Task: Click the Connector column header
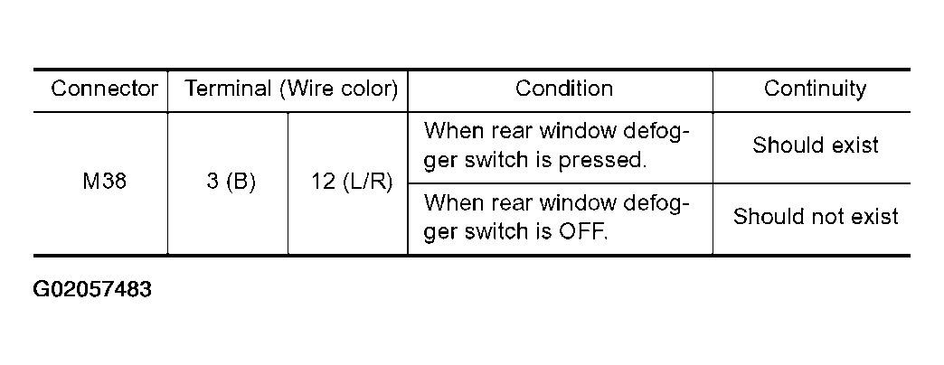[104, 89]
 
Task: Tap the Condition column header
[564, 89]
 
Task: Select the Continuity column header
[816, 89]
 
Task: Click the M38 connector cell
[104, 182]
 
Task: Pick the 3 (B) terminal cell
[231, 182]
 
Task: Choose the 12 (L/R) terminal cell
[352, 182]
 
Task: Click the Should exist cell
[816, 145]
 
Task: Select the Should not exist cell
[816, 216]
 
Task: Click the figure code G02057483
[92, 290]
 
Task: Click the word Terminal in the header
[228, 89]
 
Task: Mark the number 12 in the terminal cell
[324, 182]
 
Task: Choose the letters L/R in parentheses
[364, 182]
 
